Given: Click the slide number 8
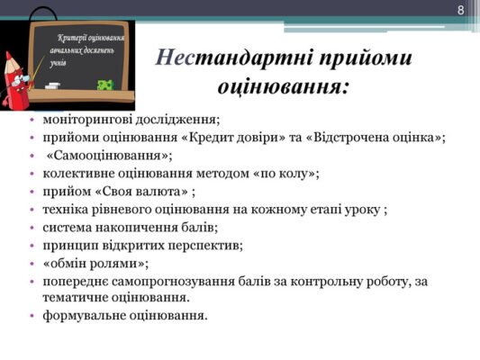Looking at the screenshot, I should click(461, 11).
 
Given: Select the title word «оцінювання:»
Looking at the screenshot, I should click(284, 87).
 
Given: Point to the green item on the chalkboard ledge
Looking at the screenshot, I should click(105, 85).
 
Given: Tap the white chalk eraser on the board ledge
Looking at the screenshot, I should click(53, 85).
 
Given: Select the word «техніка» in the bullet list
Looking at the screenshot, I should click(66, 209).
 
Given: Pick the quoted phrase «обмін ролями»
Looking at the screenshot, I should click(95, 263).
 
